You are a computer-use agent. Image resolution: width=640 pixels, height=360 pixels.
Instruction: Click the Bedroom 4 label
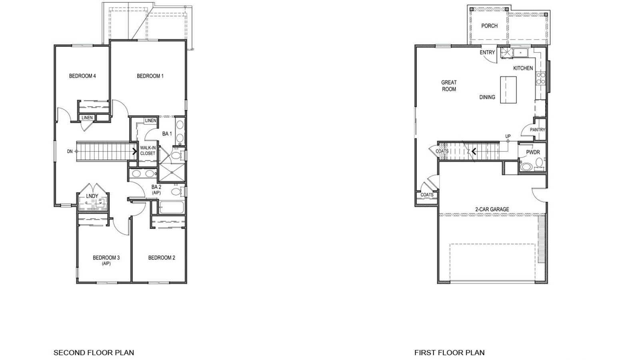pos(82,76)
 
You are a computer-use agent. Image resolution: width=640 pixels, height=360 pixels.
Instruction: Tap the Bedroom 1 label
pos(150,76)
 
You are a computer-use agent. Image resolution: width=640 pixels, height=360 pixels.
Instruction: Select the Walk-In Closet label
pos(148,150)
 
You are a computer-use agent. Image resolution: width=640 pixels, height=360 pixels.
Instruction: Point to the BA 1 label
pos(167,134)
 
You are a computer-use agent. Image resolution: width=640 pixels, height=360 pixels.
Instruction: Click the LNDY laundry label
pos(92,196)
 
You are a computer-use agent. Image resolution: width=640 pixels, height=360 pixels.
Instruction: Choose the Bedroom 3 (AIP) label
pos(106,260)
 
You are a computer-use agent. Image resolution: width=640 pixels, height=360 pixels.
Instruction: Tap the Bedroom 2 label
pos(162,258)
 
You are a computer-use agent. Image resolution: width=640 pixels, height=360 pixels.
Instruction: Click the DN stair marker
pos(70,151)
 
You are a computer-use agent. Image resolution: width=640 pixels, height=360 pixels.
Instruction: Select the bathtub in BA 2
pos(171,208)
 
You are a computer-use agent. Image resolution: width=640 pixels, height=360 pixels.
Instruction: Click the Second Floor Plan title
pos(94,353)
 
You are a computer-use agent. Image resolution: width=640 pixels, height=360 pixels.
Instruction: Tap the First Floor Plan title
pos(449,353)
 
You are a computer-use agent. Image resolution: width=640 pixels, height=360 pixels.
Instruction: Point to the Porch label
pos(489,26)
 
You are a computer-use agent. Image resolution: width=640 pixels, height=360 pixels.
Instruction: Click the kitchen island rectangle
pos(508,90)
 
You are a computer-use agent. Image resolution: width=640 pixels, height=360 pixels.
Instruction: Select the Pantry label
pos(537,130)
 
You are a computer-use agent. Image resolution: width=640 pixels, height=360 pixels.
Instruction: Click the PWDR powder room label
pos(533,152)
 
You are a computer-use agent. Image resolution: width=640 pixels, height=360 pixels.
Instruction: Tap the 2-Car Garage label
pos(492,209)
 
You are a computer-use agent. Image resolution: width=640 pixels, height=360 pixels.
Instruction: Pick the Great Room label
pos(449,86)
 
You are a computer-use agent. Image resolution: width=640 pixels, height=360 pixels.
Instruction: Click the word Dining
pos(487,97)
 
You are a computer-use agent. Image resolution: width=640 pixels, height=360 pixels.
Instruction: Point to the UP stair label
pos(508,136)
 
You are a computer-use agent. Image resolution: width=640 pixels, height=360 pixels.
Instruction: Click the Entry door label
pos(487,52)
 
